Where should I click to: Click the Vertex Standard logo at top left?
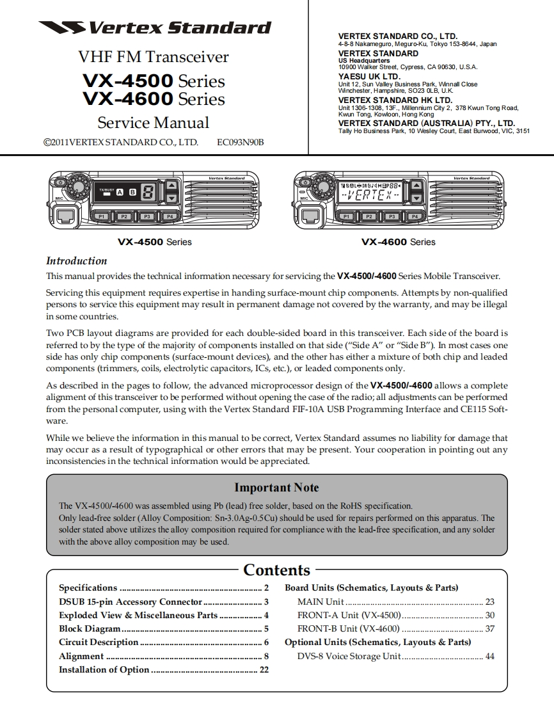click(154, 28)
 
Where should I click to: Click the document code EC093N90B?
click(241, 142)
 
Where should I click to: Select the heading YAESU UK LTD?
click(369, 77)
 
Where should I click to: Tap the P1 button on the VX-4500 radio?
click(100, 216)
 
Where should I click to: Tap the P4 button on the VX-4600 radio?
click(414, 216)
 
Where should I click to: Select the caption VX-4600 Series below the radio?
click(398, 242)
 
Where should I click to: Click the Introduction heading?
click(77, 260)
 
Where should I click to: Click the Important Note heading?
click(276, 488)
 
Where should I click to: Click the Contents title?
click(276, 570)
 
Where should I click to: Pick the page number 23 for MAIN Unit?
click(489, 602)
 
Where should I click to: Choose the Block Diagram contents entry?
click(90, 628)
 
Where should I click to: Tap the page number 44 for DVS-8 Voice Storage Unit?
click(489, 656)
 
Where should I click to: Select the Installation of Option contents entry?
click(104, 669)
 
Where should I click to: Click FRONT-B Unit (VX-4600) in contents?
click(348, 628)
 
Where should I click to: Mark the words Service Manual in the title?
click(153, 122)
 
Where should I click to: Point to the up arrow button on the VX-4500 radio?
click(171, 185)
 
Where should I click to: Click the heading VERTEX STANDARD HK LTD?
click(395, 100)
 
